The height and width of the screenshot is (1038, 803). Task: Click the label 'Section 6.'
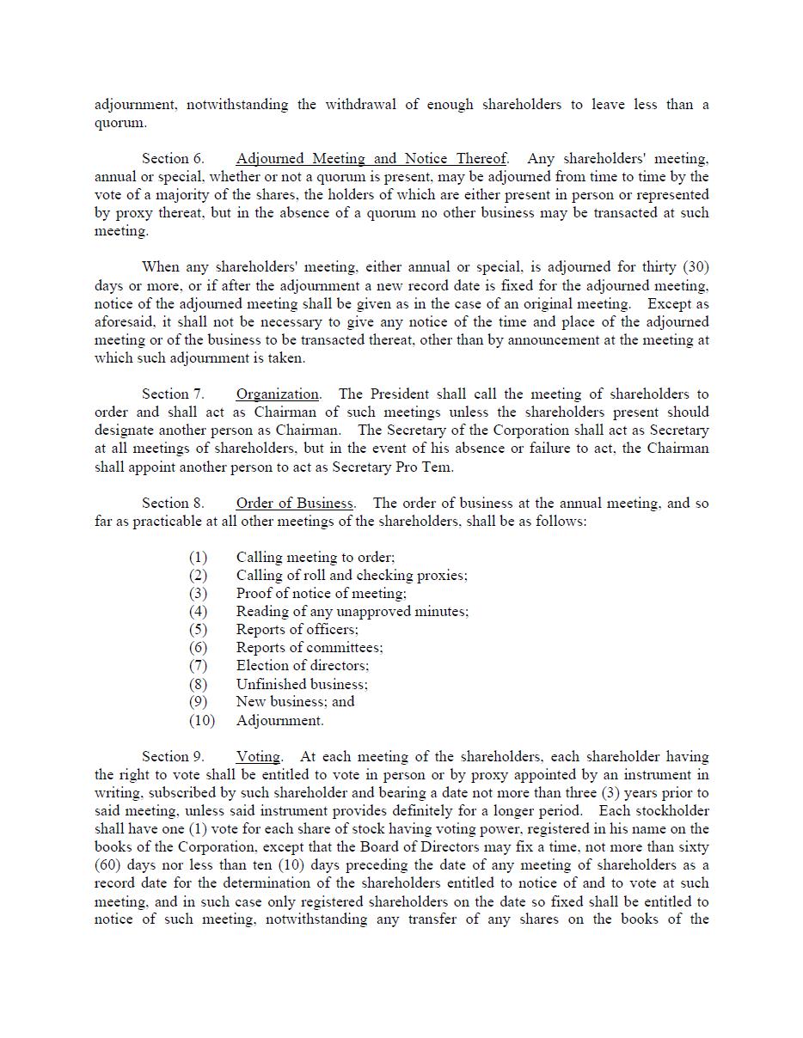pos(173,159)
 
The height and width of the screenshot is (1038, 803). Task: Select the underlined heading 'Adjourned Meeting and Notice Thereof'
pos(371,159)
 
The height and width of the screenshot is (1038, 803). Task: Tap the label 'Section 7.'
pos(173,394)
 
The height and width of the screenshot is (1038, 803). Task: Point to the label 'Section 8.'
pos(173,504)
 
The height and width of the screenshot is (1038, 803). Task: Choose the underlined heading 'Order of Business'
pos(295,504)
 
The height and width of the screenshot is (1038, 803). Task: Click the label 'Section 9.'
pos(173,757)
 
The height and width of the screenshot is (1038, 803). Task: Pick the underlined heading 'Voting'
pos(258,757)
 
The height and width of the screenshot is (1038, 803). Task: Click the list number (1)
pos(199,558)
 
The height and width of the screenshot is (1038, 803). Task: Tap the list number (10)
pos(202,721)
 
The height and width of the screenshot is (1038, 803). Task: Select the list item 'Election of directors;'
pos(303,666)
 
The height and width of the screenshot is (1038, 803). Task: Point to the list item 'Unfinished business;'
pos(302,685)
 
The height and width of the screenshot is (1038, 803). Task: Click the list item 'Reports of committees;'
pos(310,648)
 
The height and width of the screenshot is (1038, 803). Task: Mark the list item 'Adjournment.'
pos(280,721)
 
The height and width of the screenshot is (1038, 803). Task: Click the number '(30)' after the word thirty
pos(696,267)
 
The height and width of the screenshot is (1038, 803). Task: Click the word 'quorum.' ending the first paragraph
pos(120,123)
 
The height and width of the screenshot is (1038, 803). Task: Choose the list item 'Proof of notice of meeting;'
pos(321,594)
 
